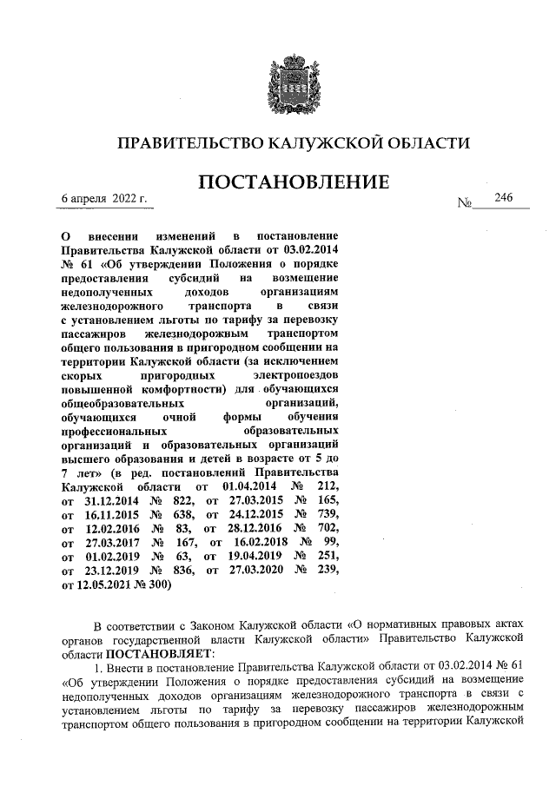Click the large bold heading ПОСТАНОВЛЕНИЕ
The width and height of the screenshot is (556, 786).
[x=294, y=183]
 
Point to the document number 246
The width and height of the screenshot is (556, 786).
[x=504, y=198]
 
